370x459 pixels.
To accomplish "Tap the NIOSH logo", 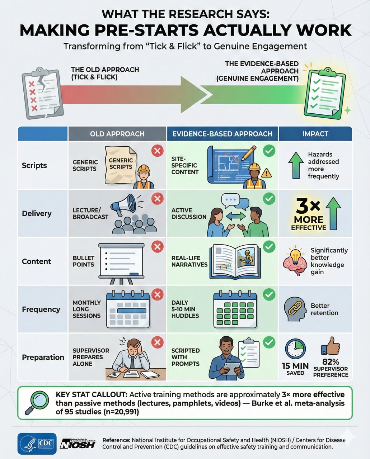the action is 78,444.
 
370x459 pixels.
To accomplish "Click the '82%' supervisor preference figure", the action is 331,361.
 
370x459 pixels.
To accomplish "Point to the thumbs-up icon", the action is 331,345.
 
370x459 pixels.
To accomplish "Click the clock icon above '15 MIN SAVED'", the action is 295,349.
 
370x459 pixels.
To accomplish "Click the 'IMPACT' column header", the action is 315,134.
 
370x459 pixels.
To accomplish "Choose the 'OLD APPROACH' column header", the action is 117,134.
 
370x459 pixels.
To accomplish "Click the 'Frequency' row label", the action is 41,309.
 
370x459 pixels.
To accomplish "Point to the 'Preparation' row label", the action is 43,357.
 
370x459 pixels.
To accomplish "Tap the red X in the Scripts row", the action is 157,151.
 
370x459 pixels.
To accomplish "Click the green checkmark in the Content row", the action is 269,247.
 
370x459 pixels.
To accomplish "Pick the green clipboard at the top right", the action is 324,94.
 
